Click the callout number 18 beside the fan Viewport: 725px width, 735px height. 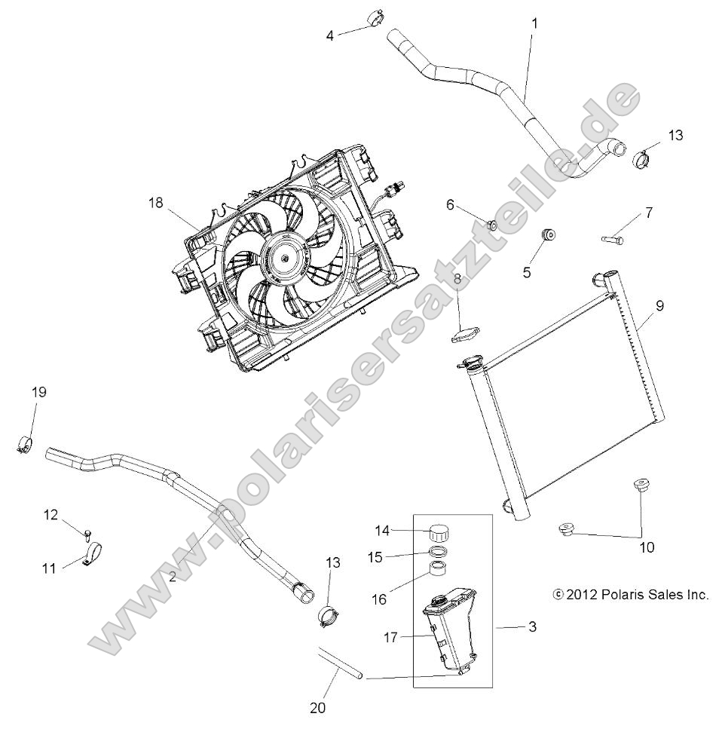[154, 203]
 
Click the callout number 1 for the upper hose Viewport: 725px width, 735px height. [534, 24]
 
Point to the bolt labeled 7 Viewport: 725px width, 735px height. [613, 240]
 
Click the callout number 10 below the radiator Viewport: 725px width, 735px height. [646, 547]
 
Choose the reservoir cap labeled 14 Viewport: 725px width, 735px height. [438, 531]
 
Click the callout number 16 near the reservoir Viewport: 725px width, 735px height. [379, 599]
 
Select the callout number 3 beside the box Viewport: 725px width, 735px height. [532, 627]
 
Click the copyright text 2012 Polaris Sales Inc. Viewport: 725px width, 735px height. [631, 595]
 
